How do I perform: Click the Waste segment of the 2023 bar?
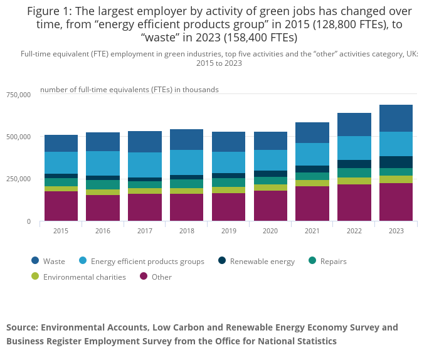pyautogui.click(x=396, y=118)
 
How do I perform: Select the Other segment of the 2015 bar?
pyautogui.click(x=61, y=206)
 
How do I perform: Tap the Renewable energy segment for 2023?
pyautogui.click(x=396, y=162)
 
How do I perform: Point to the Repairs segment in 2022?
pyautogui.click(x=354, y=172)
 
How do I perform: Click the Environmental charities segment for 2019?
pyautogui.click(x=228, y=190)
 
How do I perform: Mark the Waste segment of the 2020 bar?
pyautogui.click(x=270, y=140)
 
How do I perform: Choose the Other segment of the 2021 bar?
pyautogui.click(x=312, y=203)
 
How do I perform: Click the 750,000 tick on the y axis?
pyautogui.click(x=18, y=95)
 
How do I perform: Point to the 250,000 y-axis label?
pyautogui.click(x=18, y=179)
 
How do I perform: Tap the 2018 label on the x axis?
pyautogui.click(x=186, y=231)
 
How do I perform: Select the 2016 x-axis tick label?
pyautogui.click(x=103, y=231)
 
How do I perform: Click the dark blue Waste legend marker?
pyautogui.click(x=36, y=261)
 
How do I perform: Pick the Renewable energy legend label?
pyautogui.click(x=262, y=262)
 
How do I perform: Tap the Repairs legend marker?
pyautogui.click(x=311, y=261)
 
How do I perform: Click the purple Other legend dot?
pyautogui.click(x=144, y=277)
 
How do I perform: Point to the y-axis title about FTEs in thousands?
pyautogui.click(x=129, y=90)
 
